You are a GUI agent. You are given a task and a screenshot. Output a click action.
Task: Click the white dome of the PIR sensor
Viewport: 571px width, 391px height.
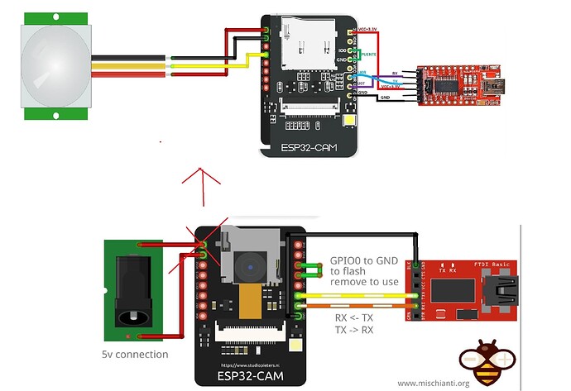pos(55,64)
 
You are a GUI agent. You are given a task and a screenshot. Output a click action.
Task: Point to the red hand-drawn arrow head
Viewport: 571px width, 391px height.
pos(201,174)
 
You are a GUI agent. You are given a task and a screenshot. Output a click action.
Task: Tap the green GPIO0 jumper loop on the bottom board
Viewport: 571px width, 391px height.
pos(311,271)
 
